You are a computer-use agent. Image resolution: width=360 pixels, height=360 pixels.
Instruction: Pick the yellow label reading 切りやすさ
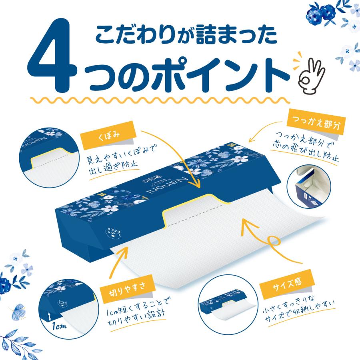click(116, 286)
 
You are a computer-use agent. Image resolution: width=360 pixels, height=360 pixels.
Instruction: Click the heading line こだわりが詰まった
click(186, 36)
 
